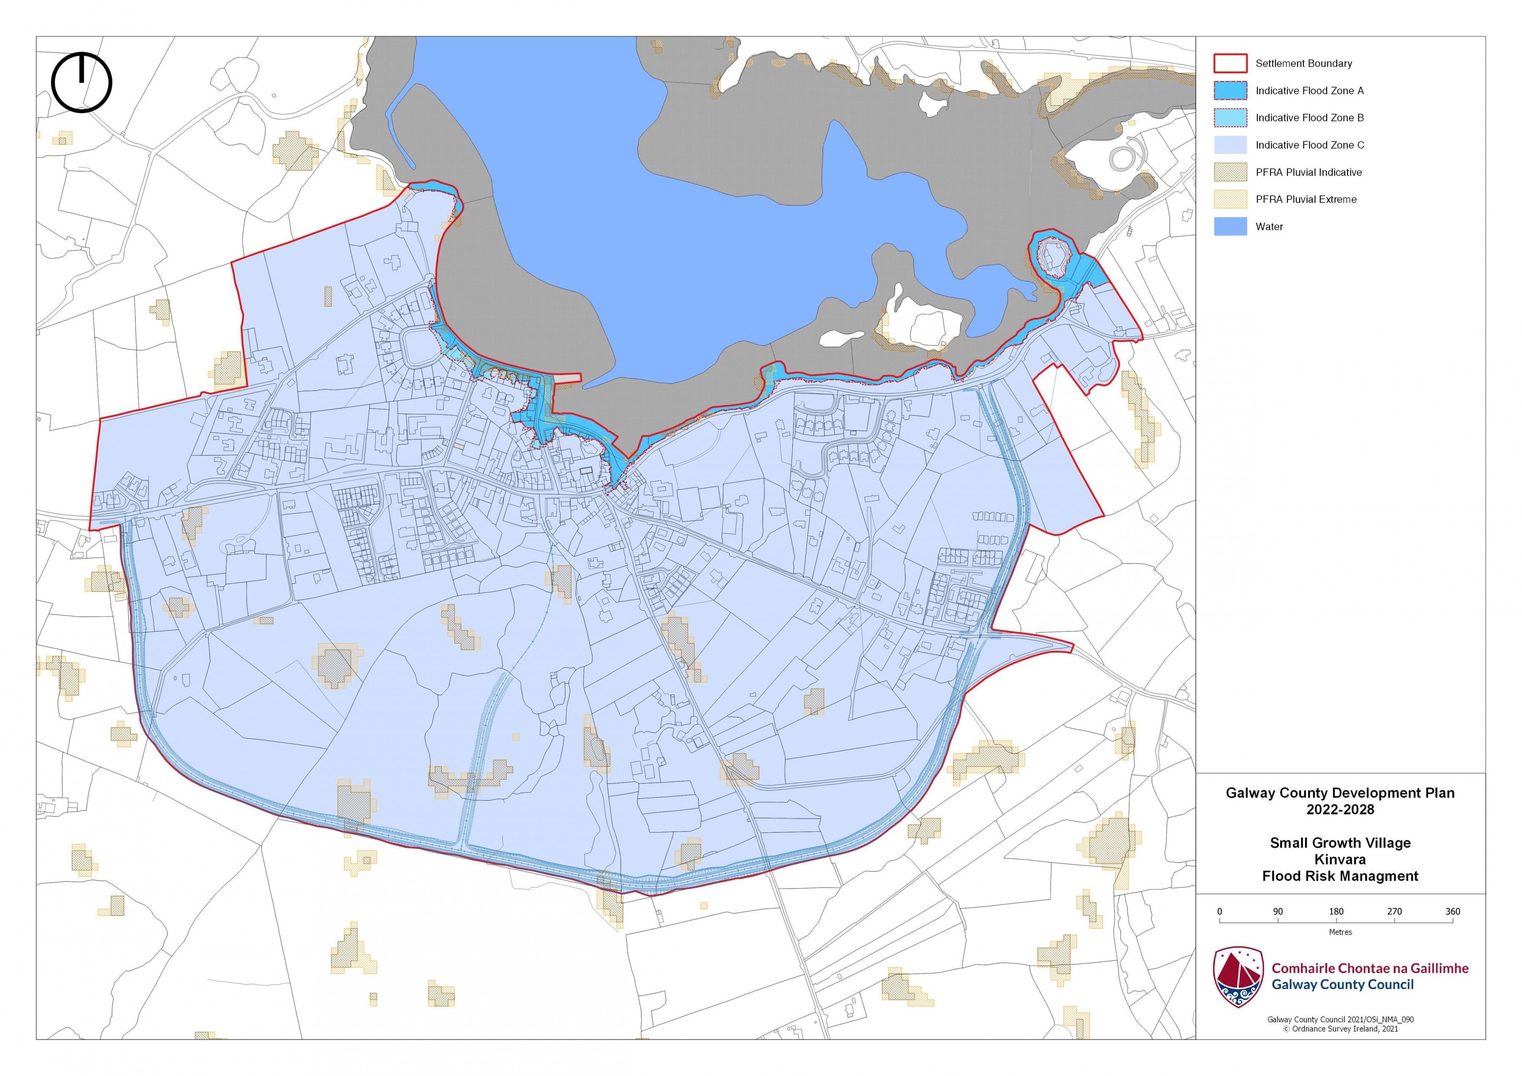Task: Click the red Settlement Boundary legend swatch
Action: (x=1230, y=63)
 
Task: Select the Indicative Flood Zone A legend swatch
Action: (x=1230, y=90)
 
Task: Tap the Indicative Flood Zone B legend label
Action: (x=1309, y=118)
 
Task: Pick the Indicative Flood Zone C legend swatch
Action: (x=1230, y=145)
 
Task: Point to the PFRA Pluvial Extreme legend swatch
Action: (x=1230, y=199)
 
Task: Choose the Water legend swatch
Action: (x=1230, y=226)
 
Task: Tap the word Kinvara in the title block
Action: (x=1340, y=859)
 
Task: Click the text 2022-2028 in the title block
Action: (x=1340, y=810)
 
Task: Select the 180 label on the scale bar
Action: (x=1336, y=912)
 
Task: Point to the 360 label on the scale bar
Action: (x=1452, y=912)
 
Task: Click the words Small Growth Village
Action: (x=1340, y=843)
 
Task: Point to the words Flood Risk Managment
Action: (x=1340, y=876)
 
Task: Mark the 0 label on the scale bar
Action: (x=1220, y=912)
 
